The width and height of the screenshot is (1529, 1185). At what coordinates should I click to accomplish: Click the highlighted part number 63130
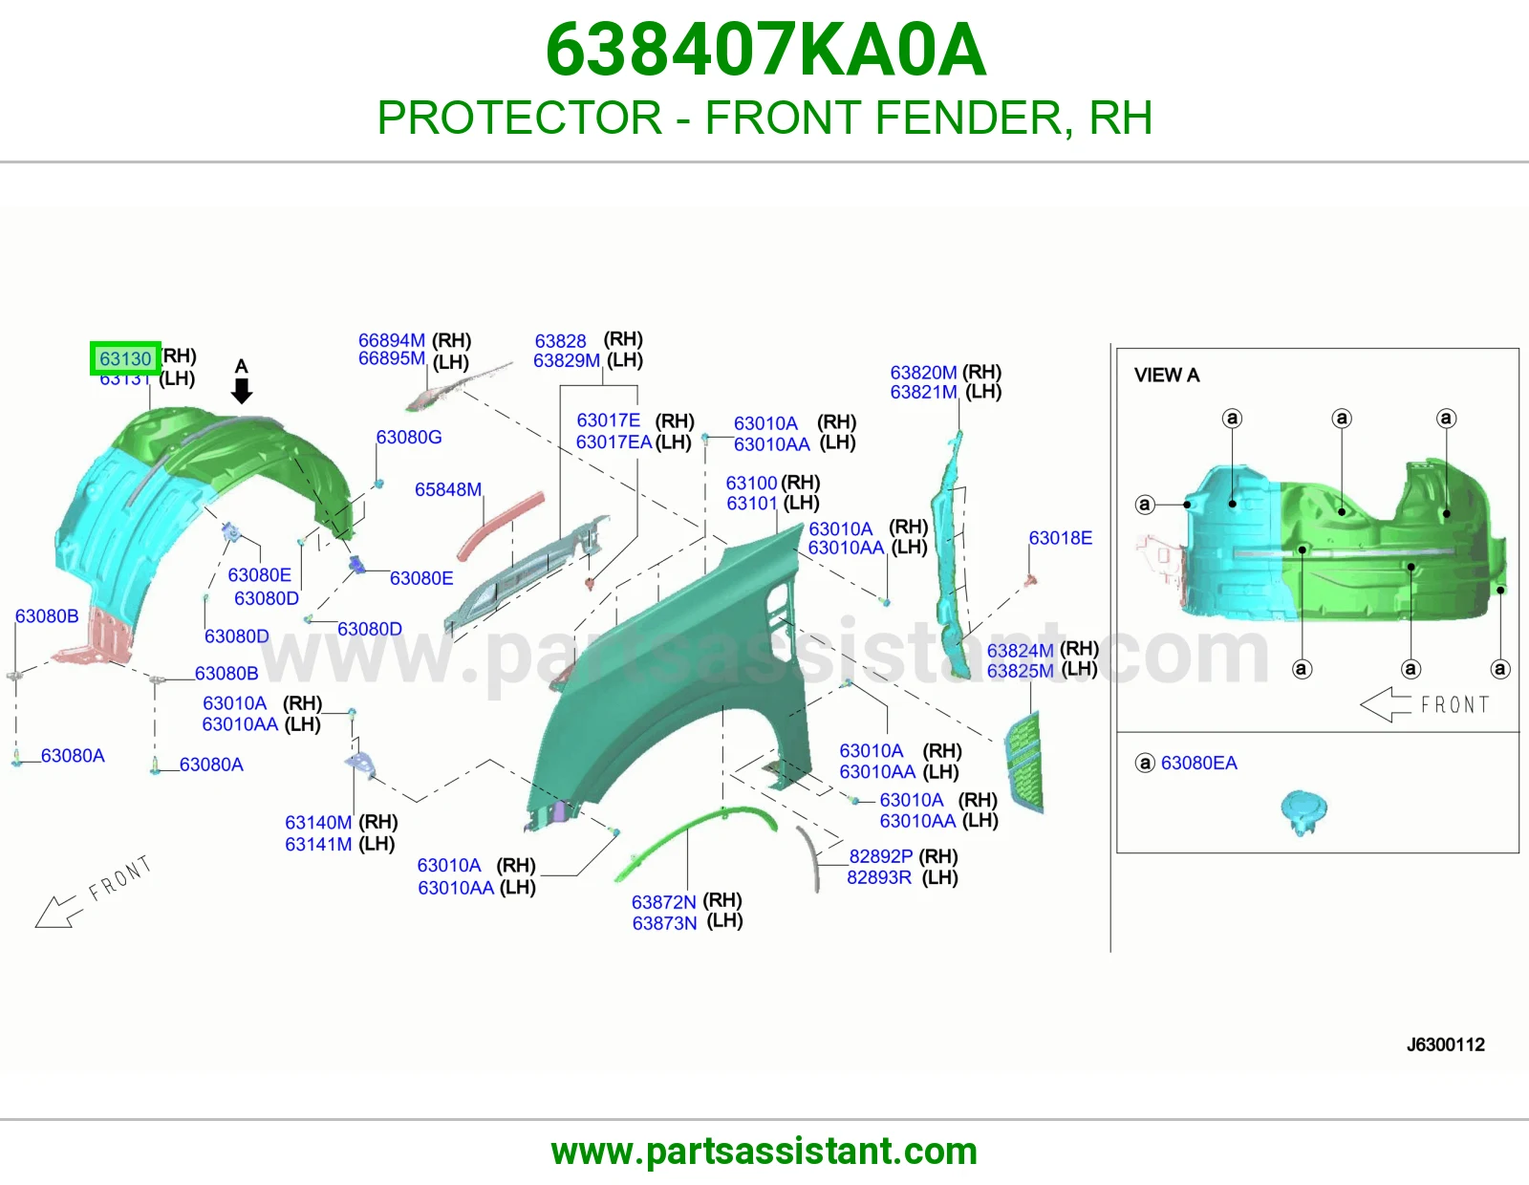(x=125, y=359)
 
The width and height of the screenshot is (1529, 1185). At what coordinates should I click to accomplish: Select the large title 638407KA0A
(x=765, y=50)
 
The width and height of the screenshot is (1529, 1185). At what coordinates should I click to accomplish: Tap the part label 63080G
(x=409, y=437)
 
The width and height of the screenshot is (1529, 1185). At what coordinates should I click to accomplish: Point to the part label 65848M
(x=448, y=489)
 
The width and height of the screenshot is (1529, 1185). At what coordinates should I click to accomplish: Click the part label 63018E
(x=1061, y=538)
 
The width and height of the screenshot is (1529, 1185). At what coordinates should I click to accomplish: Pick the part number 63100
(x=751, y=483)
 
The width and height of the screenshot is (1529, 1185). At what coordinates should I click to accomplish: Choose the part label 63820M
(x=923, y=372)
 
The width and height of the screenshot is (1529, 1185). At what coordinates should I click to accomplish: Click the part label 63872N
(x=663, y=901)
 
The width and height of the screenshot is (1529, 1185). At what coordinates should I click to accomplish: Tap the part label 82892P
(x=881, y=855)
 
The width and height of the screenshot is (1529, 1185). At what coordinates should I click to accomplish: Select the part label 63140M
(x=318, y=822)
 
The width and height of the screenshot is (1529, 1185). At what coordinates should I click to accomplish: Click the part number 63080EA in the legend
(x=1198, y=763)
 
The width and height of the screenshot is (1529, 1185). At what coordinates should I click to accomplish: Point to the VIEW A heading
(x=1167, y=375)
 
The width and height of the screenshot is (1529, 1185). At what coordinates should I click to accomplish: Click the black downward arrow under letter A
(x=242, y=391)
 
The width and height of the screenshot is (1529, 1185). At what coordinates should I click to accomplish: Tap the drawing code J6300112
(x=1445, y=1045)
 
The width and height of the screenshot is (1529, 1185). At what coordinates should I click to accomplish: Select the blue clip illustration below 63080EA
(x=1303, y=812)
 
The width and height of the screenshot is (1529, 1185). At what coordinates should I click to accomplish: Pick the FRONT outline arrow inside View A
(x=1385, y=704)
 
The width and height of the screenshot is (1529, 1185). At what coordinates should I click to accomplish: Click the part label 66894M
(x=391, y=340)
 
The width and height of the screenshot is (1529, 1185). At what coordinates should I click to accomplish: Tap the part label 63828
(x=560, y=340)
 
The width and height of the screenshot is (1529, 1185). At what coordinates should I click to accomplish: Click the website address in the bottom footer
(x=764, y=1152)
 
